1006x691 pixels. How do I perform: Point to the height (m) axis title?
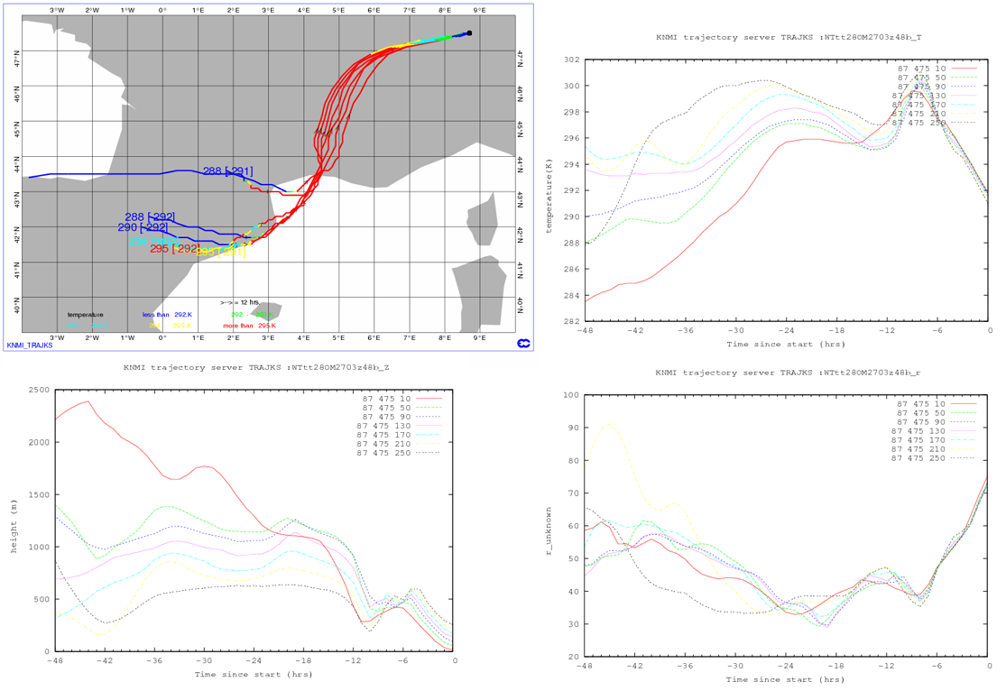tap(13, 521)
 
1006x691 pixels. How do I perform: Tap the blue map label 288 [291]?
tap(227, 171)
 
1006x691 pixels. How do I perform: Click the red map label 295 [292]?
tap(175, 249)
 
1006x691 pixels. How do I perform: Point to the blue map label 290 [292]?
tap(143, 227)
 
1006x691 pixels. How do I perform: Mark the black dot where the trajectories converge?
tap(469, 33)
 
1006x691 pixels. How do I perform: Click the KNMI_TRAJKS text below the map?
tap(28, 345)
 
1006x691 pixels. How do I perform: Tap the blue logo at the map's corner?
tap(522, 343)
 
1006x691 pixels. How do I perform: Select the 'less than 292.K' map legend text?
tap(167, 315)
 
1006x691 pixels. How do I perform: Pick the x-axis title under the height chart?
tap(254, 674)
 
